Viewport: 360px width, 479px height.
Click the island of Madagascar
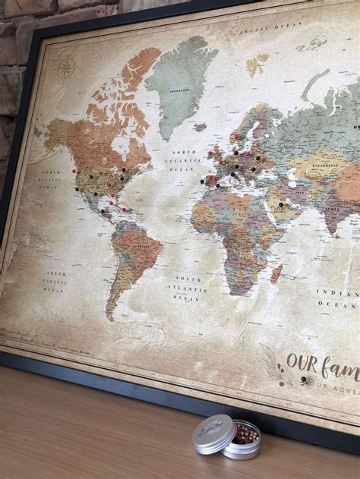pos(276,272)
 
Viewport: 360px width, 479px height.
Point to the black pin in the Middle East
pos(281,204)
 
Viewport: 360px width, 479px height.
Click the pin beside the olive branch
pos(302,380)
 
